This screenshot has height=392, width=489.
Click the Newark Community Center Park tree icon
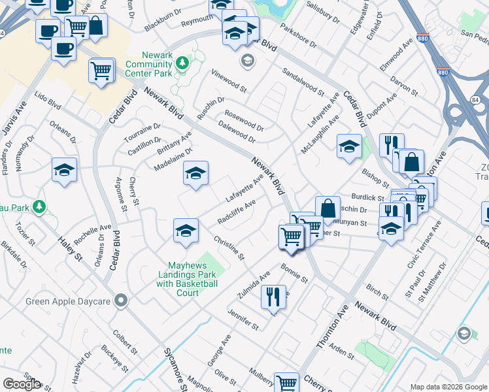pos(183,63)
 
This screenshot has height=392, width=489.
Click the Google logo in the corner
pos(22,384)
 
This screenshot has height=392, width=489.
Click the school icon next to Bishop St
pos(349,146)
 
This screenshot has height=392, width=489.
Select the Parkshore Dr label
pos(297,37)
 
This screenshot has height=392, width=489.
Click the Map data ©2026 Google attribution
pos(448,387)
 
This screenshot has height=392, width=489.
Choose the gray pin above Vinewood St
pos(247,61)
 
